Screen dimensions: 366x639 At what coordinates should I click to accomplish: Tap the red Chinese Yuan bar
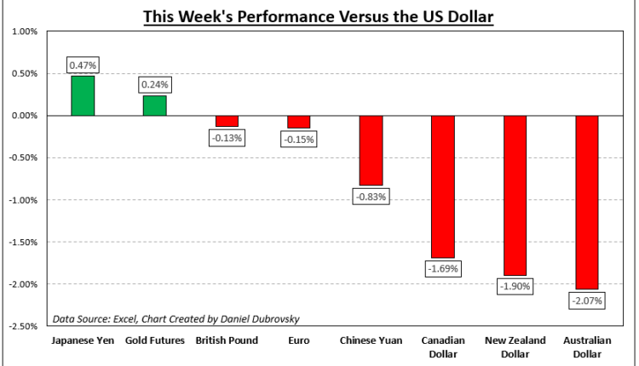point(371,150)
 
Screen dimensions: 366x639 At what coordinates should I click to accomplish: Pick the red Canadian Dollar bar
point(443,186)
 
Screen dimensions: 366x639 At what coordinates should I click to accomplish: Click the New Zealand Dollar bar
point(515,195)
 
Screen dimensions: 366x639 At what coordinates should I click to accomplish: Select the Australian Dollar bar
point(587,202)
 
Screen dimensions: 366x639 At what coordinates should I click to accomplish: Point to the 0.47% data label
point(83,65)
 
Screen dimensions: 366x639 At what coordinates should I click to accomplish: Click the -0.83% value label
point(371,197)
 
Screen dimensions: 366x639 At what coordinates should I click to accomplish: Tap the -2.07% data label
point(587,300)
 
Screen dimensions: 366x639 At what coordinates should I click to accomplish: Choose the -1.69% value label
point(443,268)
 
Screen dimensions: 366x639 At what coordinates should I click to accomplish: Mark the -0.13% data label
point(227,137)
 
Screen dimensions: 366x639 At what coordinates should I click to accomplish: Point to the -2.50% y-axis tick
point(20,326)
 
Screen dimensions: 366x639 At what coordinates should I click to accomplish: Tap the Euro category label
point(299,341)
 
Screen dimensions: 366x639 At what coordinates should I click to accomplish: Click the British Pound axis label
point(227,341)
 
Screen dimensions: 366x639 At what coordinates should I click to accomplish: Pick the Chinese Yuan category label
point(371,341)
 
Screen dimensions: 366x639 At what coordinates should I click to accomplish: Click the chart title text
point(319,16)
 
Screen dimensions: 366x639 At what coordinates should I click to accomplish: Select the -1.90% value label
point(515,286)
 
